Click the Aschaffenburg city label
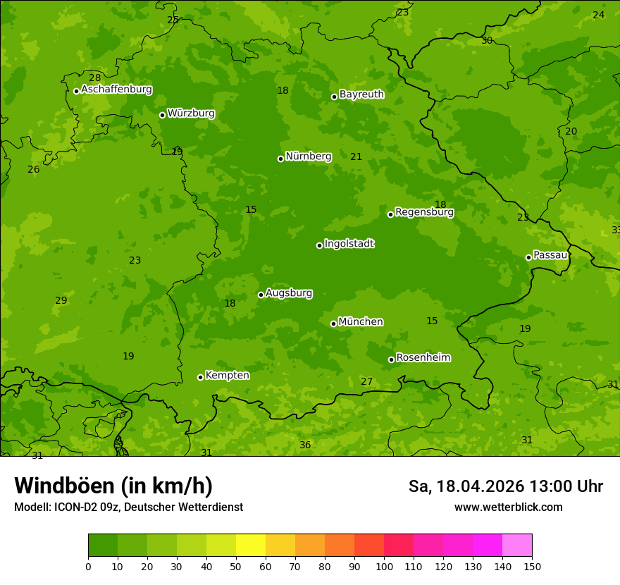pos(116,90)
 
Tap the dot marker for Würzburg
pos(162,115)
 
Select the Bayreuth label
pos(361,94)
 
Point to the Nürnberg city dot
pos(280,159)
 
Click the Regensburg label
pos(424,212)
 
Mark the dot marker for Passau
pos(528,257)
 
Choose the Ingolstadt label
pos(349,244)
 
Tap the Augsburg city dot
pos(261,295)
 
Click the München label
pos(361,322)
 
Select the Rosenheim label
pos(423,358)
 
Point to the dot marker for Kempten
pos(200,377)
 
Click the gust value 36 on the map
pos(305,445)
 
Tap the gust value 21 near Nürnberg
pos(356,157)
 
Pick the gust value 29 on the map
pos(61,301)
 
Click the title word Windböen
pos(64,486)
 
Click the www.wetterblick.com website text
pos(508,507)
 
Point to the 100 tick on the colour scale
pos(384,566)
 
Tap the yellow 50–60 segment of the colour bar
pos(251,546)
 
